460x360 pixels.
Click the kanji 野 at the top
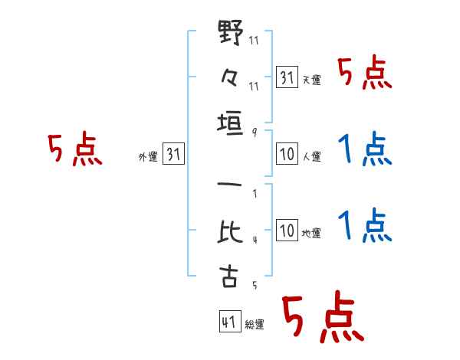coord(231,32)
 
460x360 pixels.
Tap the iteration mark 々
coord(230,77)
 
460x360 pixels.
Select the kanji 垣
coord(230,123)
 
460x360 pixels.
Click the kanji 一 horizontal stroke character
coord(230,185)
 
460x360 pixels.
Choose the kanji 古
coord(228,277)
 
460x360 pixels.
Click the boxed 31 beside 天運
coord(287,77)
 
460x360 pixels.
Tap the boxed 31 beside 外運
coord(173,154)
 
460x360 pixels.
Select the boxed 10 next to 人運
coord(287,154)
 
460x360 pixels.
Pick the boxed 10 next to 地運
coord(287,230)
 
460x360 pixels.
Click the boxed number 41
coord(230,322)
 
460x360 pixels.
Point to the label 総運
coord(255,324)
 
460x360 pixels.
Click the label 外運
coord(148,157)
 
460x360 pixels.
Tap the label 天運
coord(312,80)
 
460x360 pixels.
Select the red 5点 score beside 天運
coord(364,74)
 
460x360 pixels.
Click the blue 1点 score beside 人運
coord(365,149)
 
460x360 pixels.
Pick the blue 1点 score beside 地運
coord(365,225)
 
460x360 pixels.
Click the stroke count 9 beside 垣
coord(255,133)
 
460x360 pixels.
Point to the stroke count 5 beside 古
coord(255,285)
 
